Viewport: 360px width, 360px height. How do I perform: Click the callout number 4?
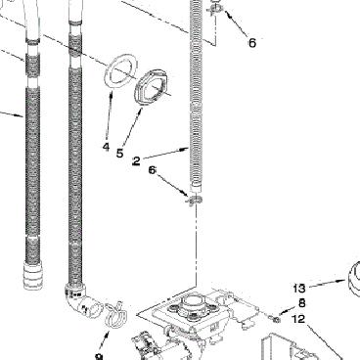pos(106,147)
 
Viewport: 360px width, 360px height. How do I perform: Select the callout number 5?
pos(119,153)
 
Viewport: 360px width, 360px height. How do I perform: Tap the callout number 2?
pos(136,160)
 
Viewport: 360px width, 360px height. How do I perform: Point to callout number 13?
pos(299,289)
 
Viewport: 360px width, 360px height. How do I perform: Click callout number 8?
pos(302,303)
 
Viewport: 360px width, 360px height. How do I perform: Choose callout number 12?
pos(298,319)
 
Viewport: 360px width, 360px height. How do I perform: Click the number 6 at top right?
pos(252,43)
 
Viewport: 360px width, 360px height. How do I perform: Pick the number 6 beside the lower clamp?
pos(153,170)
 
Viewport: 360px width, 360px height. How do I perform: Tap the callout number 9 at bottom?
pos(100,356)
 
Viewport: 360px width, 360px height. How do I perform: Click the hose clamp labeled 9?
pos(115,315)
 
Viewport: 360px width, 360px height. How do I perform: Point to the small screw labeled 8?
pos(276,319)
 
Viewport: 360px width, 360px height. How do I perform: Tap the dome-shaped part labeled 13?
pos(353,280)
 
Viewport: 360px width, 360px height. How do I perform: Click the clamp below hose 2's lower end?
pos(195,201)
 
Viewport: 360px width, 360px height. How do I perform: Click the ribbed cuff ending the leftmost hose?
pos(32,277)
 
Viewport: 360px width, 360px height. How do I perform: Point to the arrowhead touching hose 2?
pos(185,150)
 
